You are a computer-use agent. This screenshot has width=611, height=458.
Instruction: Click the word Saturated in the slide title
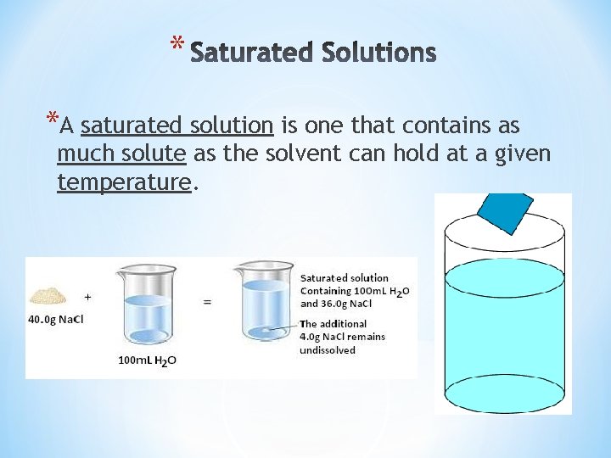pyautogui.click(x=252, y=53)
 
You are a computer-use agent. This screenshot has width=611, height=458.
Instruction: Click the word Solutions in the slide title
pyautogui.click(x=379, y=53)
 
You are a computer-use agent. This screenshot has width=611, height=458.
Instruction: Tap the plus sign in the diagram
pyautogui.click(x=88, y=297)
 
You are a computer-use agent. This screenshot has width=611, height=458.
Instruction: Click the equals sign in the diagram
pyautogui.click(x=207, y=301)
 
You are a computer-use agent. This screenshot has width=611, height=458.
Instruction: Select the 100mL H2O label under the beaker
pyautogui.click(x=147, y=361)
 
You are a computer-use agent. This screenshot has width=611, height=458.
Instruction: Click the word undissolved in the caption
pyautogui.click(x=328, y=349)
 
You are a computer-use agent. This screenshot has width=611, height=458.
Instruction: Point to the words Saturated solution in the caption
pyautogui.click(x=345, y=277)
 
